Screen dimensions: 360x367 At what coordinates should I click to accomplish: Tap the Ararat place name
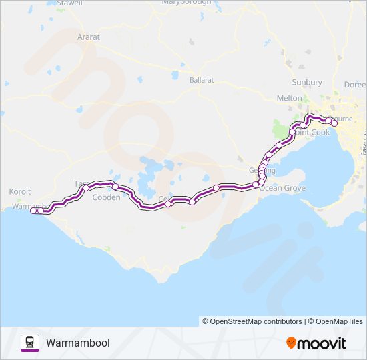tap(89, 37)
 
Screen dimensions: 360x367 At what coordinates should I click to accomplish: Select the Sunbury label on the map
tap(307, 82)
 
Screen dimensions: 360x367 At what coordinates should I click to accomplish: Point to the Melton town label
tap(289, 98)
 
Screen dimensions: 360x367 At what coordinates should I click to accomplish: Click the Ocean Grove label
tap(282, 189)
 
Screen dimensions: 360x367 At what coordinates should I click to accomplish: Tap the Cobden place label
tap(107, 197)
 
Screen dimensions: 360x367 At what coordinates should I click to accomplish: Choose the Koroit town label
tap(20, 191)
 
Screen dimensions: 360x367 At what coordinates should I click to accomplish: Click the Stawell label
tap(69, 3)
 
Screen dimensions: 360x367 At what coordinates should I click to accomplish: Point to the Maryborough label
tap(186, 3)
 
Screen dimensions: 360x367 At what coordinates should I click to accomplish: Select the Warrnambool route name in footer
tap(78, 343)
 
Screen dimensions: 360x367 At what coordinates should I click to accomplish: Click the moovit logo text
tap(322, 343)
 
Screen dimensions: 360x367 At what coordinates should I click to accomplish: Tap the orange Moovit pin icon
tap(291, 343)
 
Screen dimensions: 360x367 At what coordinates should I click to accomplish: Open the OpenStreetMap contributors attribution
tap(252, 321)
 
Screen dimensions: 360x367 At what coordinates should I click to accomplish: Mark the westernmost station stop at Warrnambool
tap(33, 211)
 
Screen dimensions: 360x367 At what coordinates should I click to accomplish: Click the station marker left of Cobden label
tap(86, 188)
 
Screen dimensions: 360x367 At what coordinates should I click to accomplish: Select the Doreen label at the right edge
tap(355, 85)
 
